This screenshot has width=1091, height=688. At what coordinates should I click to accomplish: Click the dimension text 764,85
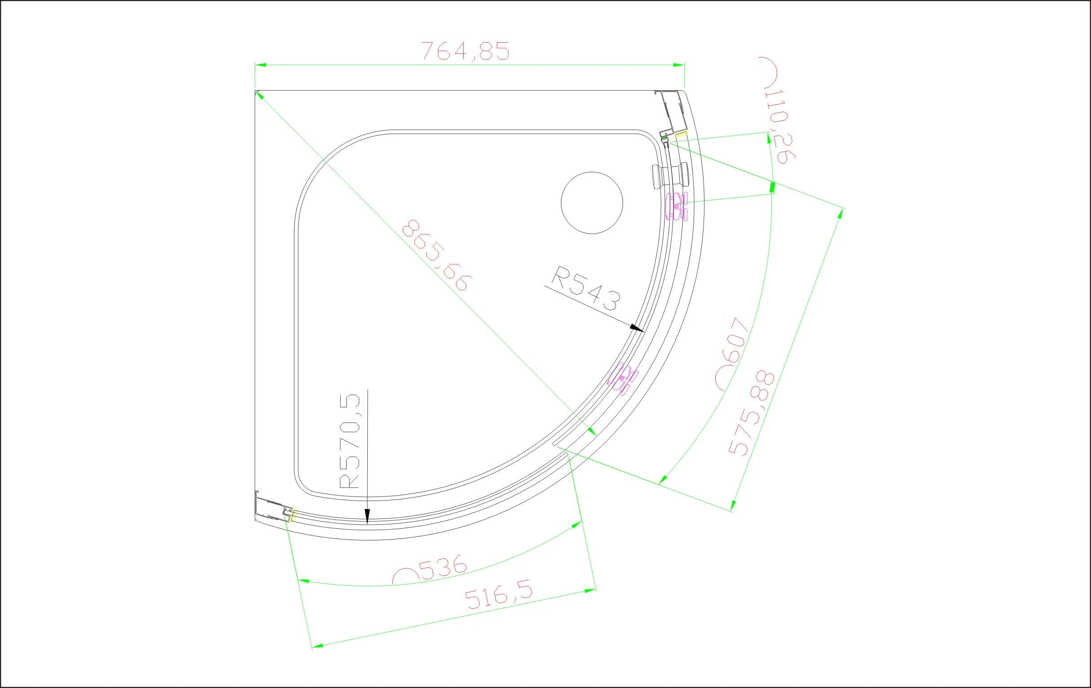465,51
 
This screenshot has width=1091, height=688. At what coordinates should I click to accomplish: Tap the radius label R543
587,289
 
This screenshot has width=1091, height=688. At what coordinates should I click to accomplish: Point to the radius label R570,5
349,441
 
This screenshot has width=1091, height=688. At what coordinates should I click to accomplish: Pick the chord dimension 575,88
751,414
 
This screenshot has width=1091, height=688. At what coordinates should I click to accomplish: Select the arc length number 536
443,567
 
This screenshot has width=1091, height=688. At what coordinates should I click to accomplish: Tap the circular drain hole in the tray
592,203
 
